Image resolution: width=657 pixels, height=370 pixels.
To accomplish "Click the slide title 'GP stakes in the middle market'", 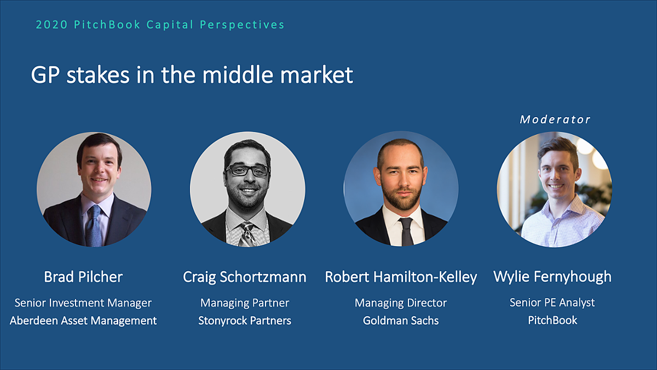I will click(x=192, y=75).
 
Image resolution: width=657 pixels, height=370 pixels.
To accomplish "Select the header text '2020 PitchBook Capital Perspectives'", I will click(x=160, y=25).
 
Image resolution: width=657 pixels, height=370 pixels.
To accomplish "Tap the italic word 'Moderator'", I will click(x=555, y=119).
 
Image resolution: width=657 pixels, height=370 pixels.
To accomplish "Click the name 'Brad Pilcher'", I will click(x=83, y=277).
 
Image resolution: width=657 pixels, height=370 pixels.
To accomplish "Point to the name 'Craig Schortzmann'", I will click(x=245, y=277).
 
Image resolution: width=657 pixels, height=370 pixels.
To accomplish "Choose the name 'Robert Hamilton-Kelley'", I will click(x=401, y=277).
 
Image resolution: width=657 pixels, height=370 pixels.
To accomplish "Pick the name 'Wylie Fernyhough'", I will click(x=552, y=277).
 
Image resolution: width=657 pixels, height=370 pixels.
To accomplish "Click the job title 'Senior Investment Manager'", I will click(x=83, y=303).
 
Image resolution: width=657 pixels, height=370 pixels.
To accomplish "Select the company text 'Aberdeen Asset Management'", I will click(x=83, y=321).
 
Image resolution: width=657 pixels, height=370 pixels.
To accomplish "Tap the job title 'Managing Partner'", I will click(x=245, y=303).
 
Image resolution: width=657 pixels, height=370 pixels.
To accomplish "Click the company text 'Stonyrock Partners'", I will click(x=245, y=321).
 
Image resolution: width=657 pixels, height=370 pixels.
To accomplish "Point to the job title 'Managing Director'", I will click(x=401, y=303).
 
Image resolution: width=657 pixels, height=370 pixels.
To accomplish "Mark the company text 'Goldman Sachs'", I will click(x=401, y=321).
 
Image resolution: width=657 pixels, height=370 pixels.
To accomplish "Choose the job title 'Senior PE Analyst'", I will click(x=552, y=303).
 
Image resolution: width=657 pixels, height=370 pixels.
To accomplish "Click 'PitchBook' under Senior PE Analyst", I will click(x=552, y=321).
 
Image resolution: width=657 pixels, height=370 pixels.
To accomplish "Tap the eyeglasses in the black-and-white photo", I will click(x=247, y=170).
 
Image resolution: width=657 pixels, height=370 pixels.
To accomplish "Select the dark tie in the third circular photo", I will click(x=406, y=230).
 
